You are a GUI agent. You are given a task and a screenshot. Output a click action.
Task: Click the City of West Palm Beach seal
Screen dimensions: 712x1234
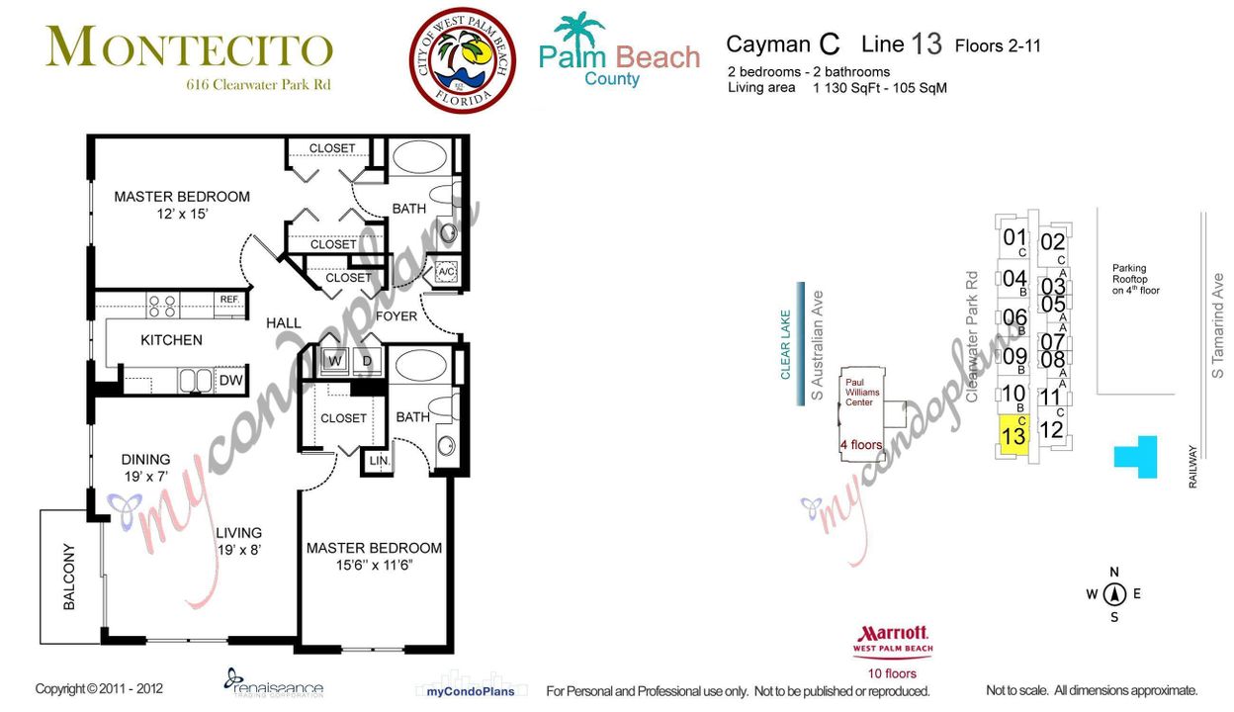click(463, 61)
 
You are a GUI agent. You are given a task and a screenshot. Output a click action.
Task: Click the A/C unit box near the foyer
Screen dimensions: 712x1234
click(446, 272)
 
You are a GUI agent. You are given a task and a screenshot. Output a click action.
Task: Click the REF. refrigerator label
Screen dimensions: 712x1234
click(229, 300)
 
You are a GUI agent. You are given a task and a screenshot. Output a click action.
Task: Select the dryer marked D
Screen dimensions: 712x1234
click(367, 361)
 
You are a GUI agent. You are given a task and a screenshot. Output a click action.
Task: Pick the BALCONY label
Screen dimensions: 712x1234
click(69, 577)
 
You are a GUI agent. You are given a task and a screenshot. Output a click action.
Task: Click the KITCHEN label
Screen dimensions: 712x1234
click(171, 340)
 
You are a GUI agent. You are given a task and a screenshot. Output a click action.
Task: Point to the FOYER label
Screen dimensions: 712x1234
click(396, 316)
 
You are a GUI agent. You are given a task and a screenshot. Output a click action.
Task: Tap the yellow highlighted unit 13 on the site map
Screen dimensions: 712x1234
click(1013, 436)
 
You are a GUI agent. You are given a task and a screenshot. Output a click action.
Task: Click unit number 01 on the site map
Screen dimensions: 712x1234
click(1014, 237)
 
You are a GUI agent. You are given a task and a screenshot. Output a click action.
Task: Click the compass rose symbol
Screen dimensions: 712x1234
click(1114, 594)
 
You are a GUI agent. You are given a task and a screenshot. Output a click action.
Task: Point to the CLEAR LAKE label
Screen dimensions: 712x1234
click(786, 344)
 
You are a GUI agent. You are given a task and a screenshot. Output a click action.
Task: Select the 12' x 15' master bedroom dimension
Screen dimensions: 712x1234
click(181, 214)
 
